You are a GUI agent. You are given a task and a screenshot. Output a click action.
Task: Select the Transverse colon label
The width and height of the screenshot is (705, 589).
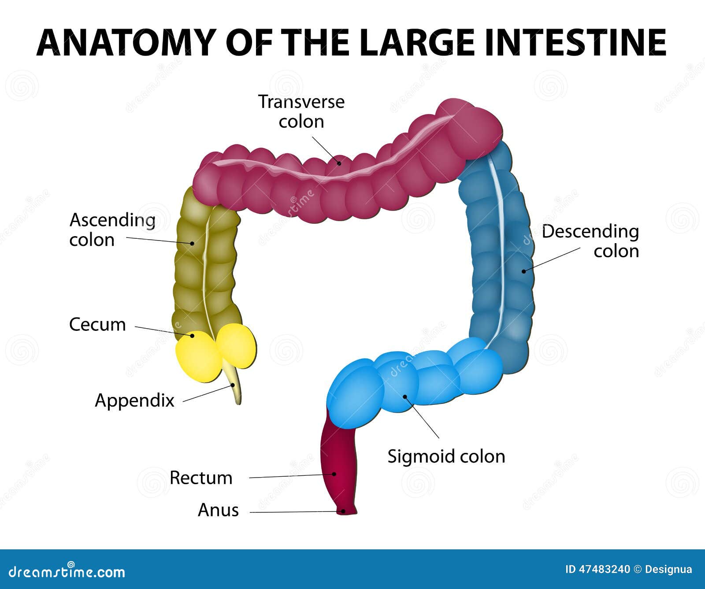(301, 111)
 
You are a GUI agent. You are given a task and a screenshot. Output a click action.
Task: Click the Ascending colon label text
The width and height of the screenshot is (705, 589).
(112, 230)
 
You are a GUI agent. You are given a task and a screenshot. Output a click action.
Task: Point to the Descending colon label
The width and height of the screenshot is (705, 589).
(590, 241)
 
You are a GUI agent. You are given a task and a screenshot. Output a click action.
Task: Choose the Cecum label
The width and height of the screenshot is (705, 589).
(97, 325)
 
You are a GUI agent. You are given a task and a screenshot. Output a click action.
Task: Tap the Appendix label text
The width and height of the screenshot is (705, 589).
(134, 400)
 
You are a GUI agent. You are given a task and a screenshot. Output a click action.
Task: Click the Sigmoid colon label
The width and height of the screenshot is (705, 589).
(446, 456)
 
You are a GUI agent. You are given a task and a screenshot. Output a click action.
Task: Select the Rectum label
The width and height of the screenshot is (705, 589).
(201, 478)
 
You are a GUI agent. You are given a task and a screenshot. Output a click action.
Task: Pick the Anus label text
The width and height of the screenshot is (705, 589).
(218, 510)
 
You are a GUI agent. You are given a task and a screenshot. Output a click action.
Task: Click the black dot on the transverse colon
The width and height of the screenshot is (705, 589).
(339, 163)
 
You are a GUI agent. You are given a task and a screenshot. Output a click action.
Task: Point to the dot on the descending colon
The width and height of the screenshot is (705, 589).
(524, 271)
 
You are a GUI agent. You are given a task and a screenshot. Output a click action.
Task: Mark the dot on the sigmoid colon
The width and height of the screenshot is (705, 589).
(405, 396)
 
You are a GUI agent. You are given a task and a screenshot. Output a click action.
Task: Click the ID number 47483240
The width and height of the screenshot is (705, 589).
(604, 569)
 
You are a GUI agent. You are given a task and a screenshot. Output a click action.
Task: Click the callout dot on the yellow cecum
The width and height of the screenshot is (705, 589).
(193, 336)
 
